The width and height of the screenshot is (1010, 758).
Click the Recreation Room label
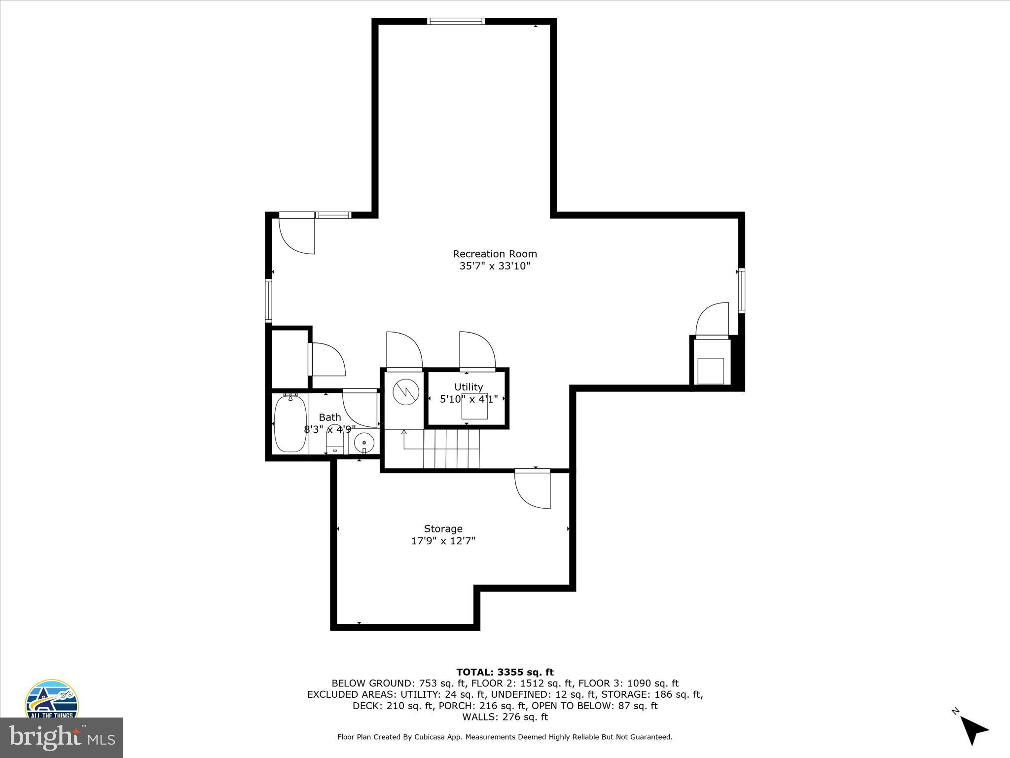coord(495,254)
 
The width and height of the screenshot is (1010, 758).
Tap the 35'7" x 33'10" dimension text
coord(495,266)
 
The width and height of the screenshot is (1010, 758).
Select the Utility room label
coord(469,387)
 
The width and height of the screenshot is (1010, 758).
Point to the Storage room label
coord(443,529)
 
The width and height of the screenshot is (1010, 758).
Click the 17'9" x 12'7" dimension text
coord(443,541)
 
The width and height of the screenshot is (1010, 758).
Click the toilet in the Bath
coord(335,438)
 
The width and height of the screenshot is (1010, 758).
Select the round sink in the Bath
coord(364,440)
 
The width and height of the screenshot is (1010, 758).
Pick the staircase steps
coord(451,449)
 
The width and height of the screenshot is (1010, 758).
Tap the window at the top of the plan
coord(456,21)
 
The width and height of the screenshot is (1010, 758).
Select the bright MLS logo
coord(62,737)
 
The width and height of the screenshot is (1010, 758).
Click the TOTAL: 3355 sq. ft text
coord(505,672)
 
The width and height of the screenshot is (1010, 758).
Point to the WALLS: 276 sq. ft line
coord(505,717)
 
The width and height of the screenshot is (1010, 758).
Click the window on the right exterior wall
coord(741,290)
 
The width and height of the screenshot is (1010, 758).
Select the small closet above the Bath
coord(290,359)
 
